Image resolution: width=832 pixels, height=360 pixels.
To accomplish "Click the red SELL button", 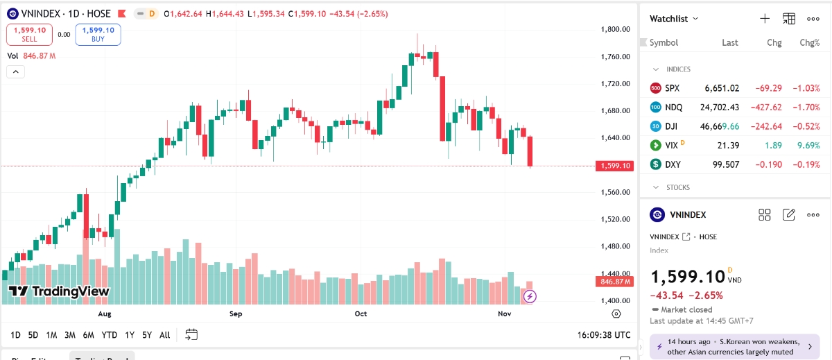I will click(x=29, y=34).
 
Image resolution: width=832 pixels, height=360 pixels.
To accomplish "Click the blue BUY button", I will click(x=98, y=34).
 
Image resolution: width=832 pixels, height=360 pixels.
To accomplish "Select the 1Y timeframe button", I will click(x=130, y=335).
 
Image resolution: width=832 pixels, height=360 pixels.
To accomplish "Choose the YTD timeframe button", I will click(x=109, y=335).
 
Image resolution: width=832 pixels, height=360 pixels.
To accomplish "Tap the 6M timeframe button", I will click(x=88, y=335).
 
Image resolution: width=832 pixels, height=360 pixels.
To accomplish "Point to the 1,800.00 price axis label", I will click(x=615, y=29).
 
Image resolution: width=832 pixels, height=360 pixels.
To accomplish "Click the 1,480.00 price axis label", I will click(x=615, y=246).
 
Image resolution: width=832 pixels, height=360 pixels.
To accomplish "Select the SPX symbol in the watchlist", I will click(x=672, y=88).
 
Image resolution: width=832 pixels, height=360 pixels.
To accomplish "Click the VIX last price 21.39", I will click(x=727, y=145).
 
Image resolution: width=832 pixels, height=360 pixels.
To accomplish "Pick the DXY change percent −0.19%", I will click(x=805, y=164).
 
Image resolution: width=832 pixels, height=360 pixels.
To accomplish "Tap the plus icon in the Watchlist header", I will click(x=765, y=19).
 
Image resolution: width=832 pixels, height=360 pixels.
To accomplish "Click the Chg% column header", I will click(x=809, y=42).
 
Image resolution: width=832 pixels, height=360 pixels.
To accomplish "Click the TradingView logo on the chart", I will click(x=59, y=291).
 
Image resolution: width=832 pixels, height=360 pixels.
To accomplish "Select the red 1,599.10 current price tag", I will click(x=613, y=166).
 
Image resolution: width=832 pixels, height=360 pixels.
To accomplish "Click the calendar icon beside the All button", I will click(x=191, y=334).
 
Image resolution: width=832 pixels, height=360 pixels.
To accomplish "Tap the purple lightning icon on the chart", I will click(x=530, y=296).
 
